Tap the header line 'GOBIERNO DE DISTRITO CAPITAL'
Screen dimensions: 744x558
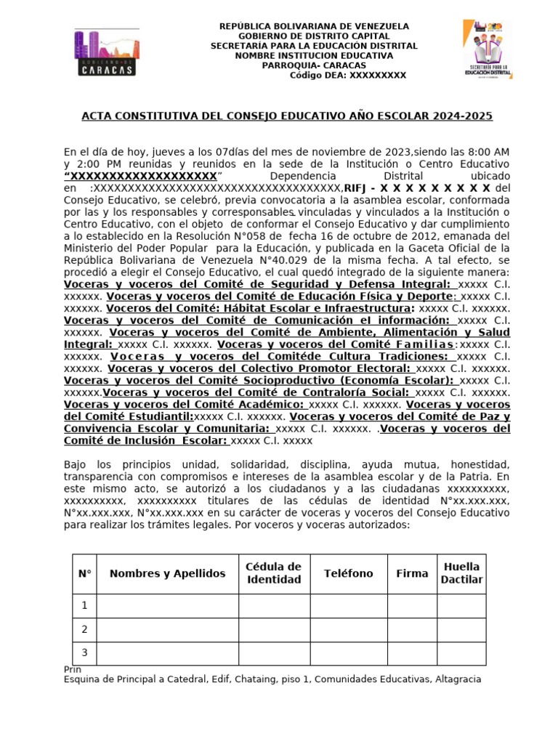pos(314,36)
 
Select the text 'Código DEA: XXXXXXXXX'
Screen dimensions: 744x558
pos(348,76)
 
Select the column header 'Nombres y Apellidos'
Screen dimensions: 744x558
pos(167,573)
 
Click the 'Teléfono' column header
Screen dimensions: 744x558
pos(349,573)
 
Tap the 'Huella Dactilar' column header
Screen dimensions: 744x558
pos(461,573)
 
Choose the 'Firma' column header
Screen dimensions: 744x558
pos(412,573)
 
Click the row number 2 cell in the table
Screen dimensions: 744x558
pos(84,629)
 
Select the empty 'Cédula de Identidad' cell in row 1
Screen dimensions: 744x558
pos(273,605)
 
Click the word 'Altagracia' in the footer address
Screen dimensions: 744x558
pos(455,679)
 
